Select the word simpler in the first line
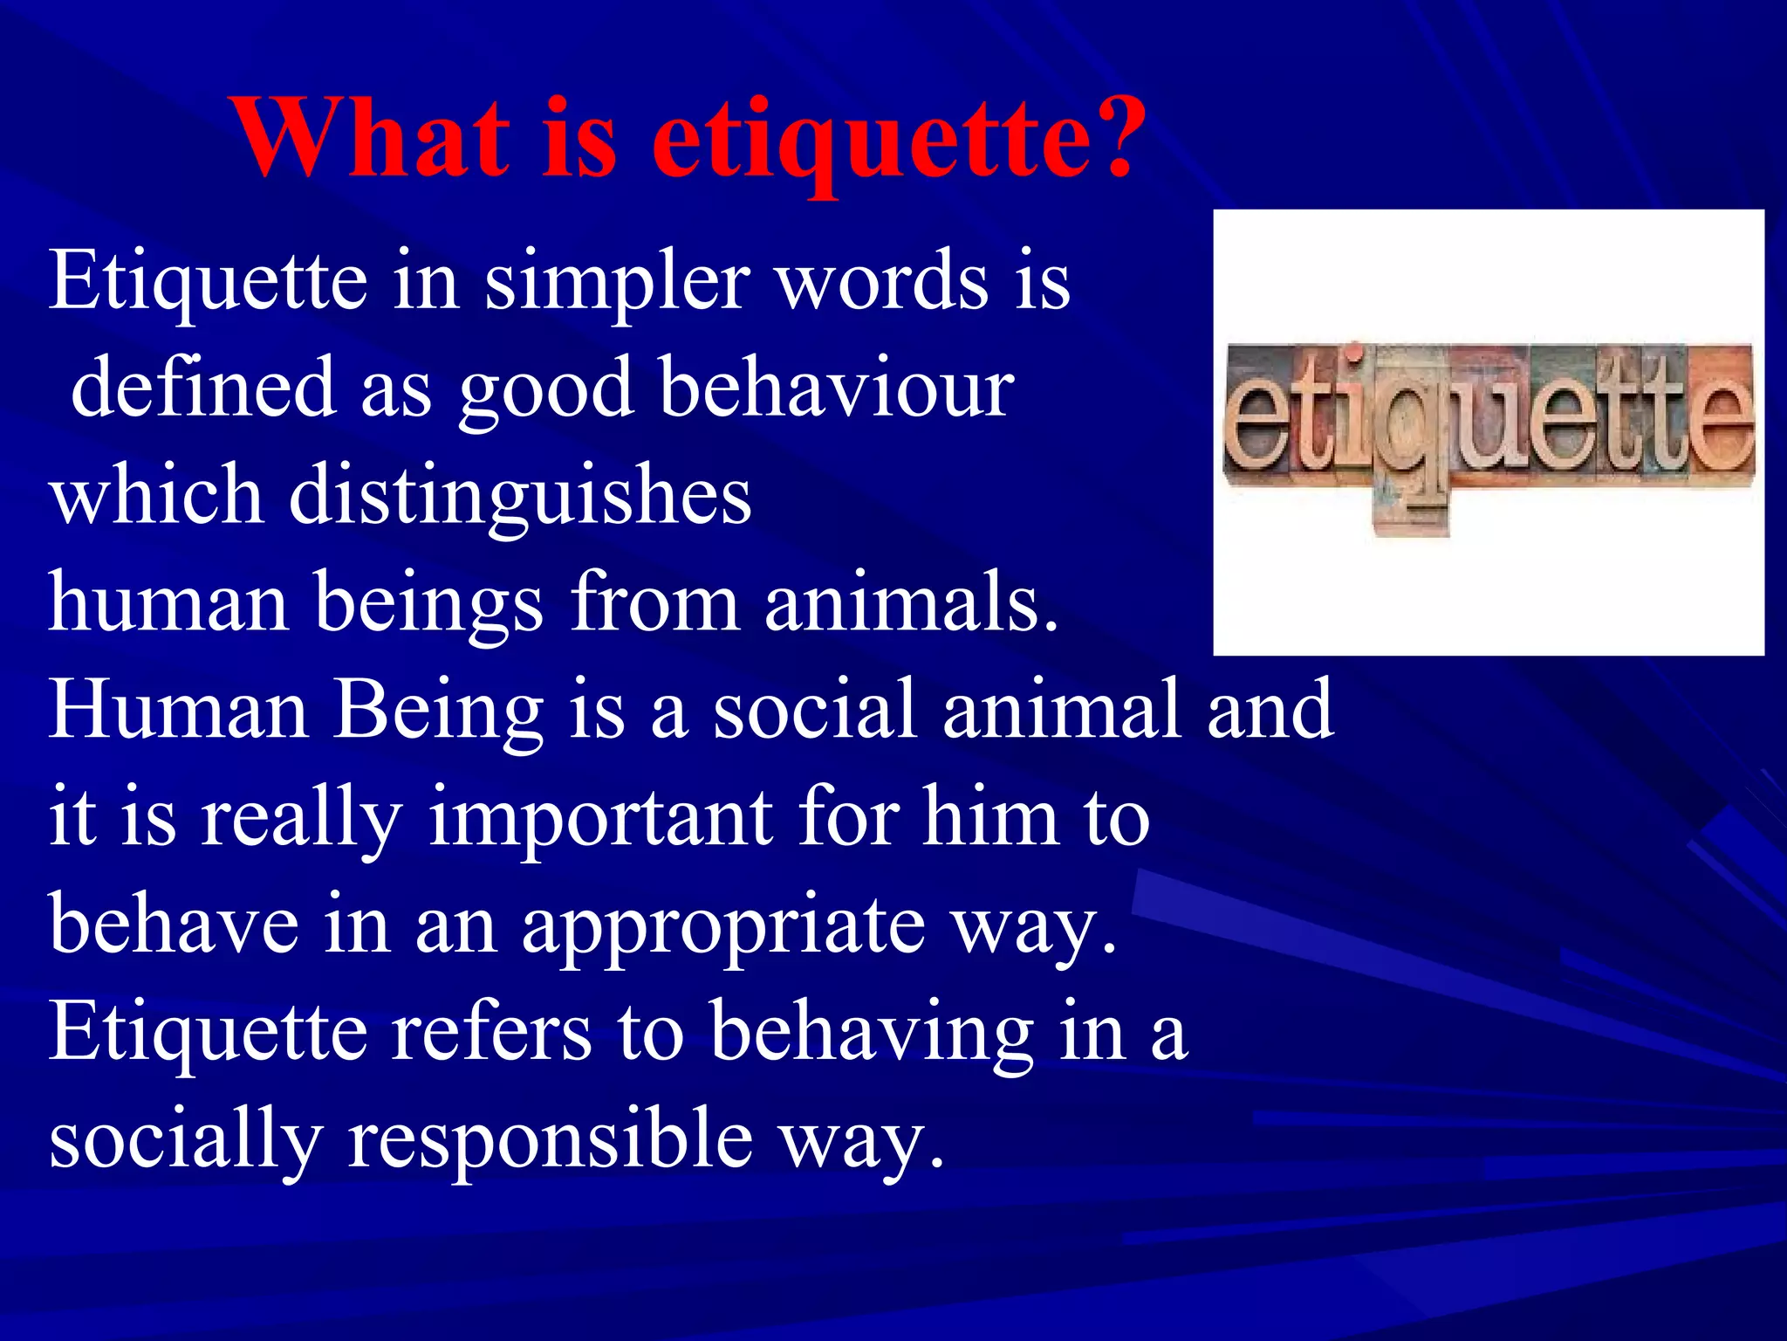click(x=616, y=282)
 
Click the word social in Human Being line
click(x=815, y=710)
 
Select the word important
click(x=601, y=819)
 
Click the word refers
click(x=491, y=1033)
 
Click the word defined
click(x=203, y=389)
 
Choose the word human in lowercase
click(x=168, y=602)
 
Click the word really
click(x=302, y=819)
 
